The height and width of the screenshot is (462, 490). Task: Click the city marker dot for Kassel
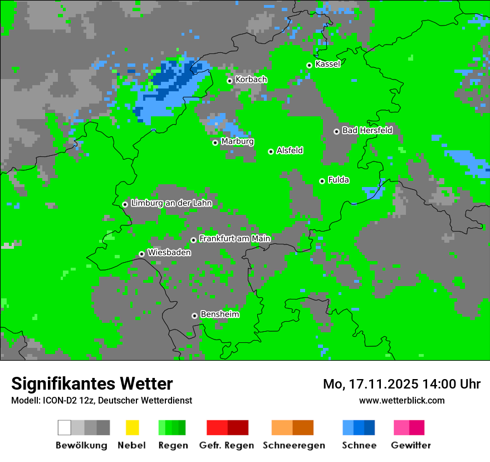[309, 65]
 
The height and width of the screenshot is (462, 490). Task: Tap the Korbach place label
[251, 80]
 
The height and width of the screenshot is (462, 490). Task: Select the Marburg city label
[237, 141]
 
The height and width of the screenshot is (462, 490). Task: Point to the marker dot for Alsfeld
[271, 151]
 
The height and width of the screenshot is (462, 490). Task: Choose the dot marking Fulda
[322, 181]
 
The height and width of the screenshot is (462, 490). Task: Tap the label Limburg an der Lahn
[171, 203]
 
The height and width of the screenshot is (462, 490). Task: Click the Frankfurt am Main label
[234, 239]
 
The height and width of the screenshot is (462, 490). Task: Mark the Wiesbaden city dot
[141, 254]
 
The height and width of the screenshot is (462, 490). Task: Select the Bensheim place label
[219, 314]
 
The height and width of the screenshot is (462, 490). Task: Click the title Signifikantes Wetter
[92, 384]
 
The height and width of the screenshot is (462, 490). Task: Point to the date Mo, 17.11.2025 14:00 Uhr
[401, 384]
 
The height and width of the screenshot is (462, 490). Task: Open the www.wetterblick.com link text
[401, 400]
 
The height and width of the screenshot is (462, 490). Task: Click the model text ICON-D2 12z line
[101, 400]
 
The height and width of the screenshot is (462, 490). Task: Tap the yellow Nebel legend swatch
[132, 427]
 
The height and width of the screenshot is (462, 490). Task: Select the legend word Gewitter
[410, 445]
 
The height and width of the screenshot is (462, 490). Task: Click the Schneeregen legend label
[293, 445]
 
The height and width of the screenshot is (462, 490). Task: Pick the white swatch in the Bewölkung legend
[65, 427]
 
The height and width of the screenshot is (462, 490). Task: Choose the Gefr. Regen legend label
[227, 445]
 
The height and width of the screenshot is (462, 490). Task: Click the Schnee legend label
[359, 445]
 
